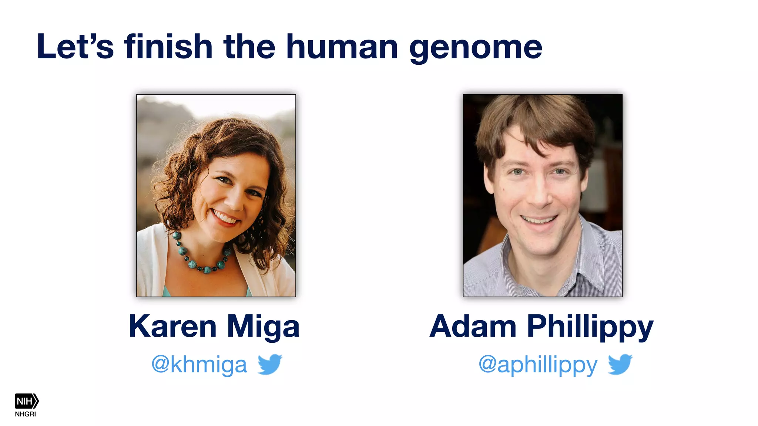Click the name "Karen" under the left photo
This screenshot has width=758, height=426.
(172, 327)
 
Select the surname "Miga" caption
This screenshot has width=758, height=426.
(263, 327)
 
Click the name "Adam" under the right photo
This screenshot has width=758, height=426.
(473, 327)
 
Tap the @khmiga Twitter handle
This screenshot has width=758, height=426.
(199, 365)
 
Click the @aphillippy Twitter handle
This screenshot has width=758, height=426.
(538, 365)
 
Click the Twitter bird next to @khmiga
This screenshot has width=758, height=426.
(270, 364)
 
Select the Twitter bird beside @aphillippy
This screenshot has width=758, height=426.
(620, 364)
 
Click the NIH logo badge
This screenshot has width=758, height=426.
(26, 401)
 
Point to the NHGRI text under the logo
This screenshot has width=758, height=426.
(26, 414)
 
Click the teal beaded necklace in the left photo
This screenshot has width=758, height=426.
(200, 259)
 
